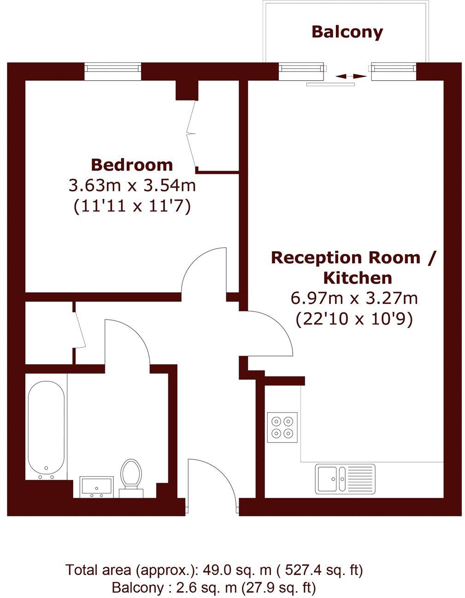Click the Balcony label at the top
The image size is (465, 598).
point(347,32)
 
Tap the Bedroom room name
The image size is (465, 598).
point(132,165)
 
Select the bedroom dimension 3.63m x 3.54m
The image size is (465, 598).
point(132,186)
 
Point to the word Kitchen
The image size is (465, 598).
point(358,278)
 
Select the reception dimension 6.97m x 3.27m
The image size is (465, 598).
point(354,298)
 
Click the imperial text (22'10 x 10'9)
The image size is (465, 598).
point(354,319)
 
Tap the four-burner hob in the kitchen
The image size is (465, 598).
point(282,427)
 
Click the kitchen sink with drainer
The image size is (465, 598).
point(345,478)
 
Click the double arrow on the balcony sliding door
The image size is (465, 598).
point(348,77)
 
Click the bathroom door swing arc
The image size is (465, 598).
point(131,332)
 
